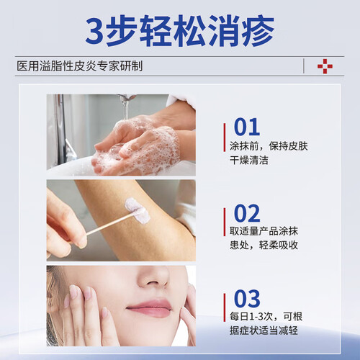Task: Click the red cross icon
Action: (x=325, y=66)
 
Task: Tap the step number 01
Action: (x=247, y=127)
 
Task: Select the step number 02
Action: (x=247, y=213)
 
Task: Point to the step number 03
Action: (x=247, y=298)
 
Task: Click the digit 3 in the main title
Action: (x=95, y=31)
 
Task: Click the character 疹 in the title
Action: (x=258, y=30)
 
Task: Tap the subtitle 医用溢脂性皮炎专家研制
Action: (x=79, y=66)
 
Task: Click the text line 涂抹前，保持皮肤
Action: (x=269, y=146)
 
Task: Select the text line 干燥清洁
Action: (x=249, y=160)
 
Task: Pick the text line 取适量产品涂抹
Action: (x=264, y=231)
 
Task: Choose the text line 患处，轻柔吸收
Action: (x=264, y=245)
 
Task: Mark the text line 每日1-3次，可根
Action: (x=266, y=317)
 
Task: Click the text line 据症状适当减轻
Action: (x=264, y=330)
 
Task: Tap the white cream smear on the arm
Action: (x=138, y=210)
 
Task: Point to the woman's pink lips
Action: (x=149, y=307)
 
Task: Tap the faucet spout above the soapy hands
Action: (x=127, y=98)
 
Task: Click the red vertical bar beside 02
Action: (x=225, y=222)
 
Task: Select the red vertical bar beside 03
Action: (x=225, y=307)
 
